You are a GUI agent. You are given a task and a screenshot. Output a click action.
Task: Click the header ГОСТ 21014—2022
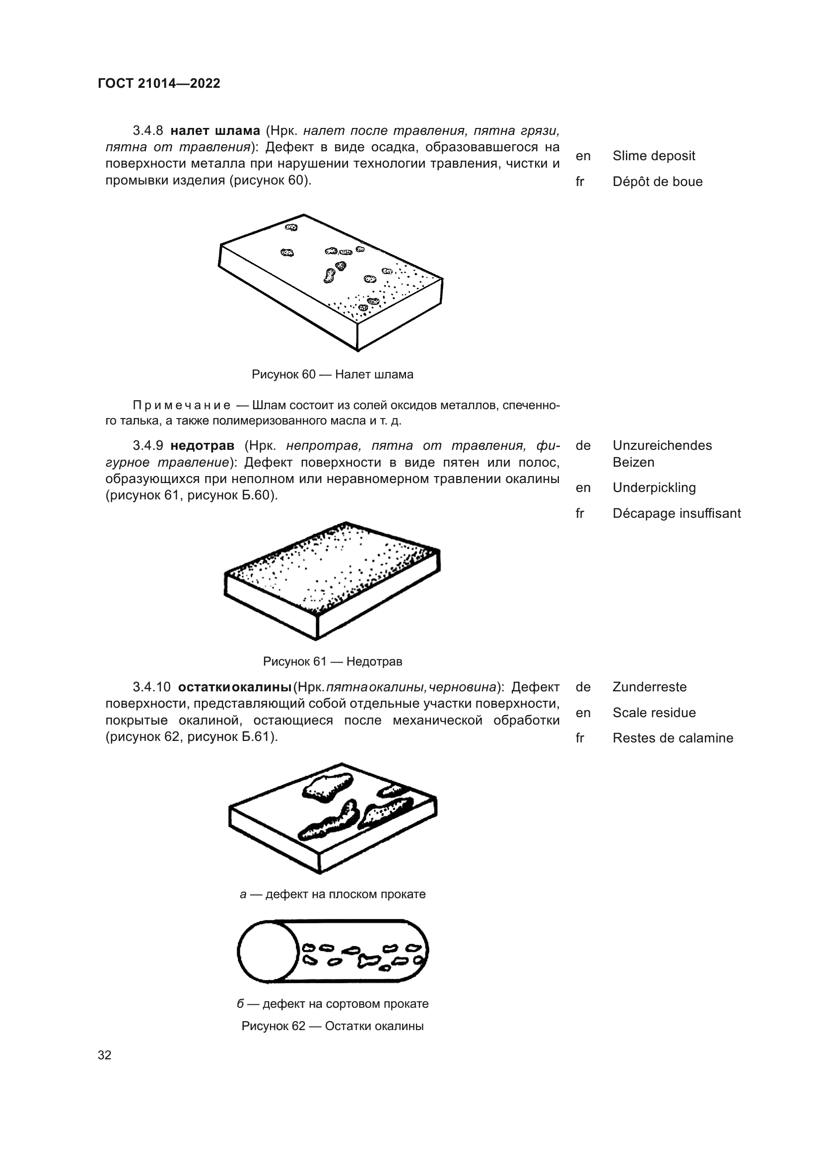coord(159,83)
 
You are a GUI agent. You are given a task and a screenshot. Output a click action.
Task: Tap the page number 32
coord(105,1055)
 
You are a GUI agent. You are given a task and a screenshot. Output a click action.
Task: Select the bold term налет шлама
coord(215,131)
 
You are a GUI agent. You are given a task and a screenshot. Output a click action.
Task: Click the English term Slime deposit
coord(654,156)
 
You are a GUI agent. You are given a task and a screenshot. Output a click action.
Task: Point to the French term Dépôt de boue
coord(657,182)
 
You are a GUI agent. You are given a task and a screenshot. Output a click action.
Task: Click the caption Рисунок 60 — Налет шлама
coord(332,374)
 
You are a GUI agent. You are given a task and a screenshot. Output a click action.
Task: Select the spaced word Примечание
coord(182,405)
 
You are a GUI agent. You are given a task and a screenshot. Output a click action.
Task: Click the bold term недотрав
coord(202,446)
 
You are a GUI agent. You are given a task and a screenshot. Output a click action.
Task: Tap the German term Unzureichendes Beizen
coord(662,453)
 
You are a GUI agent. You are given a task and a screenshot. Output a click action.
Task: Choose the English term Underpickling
coord(654,488)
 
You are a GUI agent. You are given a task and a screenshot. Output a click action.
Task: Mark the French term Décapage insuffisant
coord(677,513)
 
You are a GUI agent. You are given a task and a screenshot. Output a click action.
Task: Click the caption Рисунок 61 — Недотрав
coord(332,662)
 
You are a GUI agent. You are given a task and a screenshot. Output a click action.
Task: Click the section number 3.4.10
coord(152,687)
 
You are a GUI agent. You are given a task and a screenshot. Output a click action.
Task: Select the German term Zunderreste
coord(649,687)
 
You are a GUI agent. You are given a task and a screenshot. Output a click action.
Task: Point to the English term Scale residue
coord(654,713)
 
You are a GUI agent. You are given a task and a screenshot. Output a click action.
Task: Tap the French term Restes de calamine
coord(673,738)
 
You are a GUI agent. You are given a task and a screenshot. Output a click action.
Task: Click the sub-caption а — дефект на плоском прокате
coord(332,894)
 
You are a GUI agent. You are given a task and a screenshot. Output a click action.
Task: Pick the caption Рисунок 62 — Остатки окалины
coord(332,1026)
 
